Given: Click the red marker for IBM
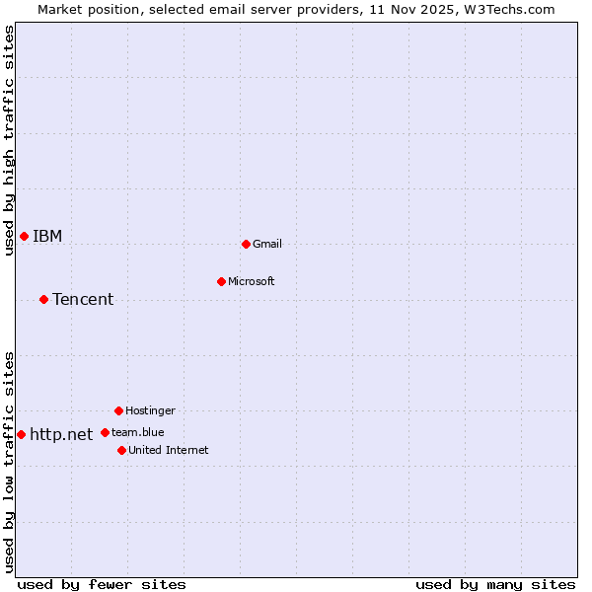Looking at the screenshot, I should (24, 236).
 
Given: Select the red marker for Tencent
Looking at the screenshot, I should (43, 299).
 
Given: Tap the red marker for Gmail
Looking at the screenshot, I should (246, 244).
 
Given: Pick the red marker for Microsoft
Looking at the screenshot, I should (221, 281).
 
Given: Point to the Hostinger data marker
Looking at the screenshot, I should (118, 410).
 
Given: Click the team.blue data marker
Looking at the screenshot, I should (105, 432).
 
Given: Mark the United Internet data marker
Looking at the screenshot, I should (121, 450).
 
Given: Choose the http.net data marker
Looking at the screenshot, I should (21, 434).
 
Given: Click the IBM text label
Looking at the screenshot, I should (47, 236).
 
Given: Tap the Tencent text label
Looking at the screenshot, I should (83, 299).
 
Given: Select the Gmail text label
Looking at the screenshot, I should (267, 244).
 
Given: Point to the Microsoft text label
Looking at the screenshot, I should (252, 281).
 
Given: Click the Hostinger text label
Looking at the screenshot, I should (150, 410).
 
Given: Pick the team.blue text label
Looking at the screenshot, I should (138, 432).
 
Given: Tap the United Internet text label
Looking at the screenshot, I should (169, 450).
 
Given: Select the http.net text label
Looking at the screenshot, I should (61, 434).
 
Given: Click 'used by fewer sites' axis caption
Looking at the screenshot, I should (102, 584).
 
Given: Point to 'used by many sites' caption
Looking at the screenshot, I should (495, 584).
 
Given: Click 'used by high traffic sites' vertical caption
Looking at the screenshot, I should (9, 140).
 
